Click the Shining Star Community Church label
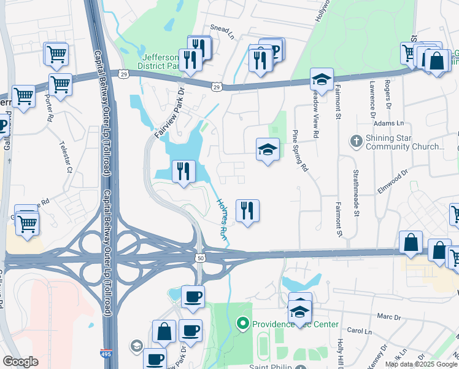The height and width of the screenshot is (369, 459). click(404, 143)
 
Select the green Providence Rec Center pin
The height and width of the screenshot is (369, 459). click(242, 323)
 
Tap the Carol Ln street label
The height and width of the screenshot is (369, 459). click(360, 330)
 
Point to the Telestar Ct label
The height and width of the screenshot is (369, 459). click(66, 159)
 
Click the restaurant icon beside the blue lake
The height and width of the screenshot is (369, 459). click(183, 171)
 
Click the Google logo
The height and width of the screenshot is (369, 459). click(20, 362)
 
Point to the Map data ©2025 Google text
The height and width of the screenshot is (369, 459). click(421, 364)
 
